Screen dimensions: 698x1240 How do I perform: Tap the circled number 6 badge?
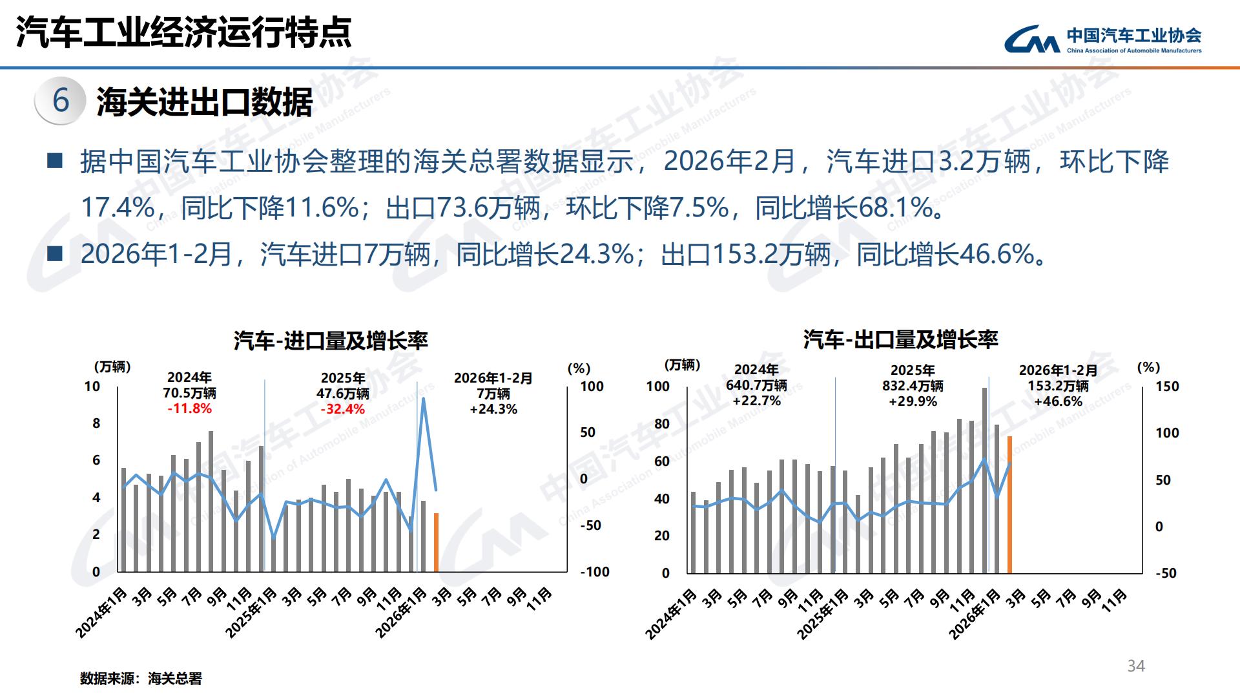(61, 100)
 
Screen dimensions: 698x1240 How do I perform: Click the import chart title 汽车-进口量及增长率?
(331, 341)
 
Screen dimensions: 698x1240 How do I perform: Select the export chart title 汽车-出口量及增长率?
(900, 339)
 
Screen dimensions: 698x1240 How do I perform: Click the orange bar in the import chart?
(436, 542)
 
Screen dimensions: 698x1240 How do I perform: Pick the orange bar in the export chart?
(1009, 504)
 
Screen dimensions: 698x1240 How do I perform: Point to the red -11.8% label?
(189, 408)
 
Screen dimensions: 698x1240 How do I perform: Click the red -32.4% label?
(342, 409)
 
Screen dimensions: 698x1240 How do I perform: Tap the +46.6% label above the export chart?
(1058, 401)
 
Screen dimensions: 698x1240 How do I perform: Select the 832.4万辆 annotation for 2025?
(913, 386)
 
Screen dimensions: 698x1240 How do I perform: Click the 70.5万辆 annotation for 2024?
(189, 393)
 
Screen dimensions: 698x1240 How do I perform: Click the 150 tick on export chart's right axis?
(1167, 386)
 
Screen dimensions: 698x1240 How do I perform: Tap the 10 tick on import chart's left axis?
(92, 386)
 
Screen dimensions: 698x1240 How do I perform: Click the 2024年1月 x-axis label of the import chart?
(101, 612)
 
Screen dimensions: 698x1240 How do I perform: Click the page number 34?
(1136, 666)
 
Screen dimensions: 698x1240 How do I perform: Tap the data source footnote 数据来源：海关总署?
(141, 679)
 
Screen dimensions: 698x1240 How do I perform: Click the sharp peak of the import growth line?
(423, 399)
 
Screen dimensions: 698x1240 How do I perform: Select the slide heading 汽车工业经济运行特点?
(184, 32)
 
